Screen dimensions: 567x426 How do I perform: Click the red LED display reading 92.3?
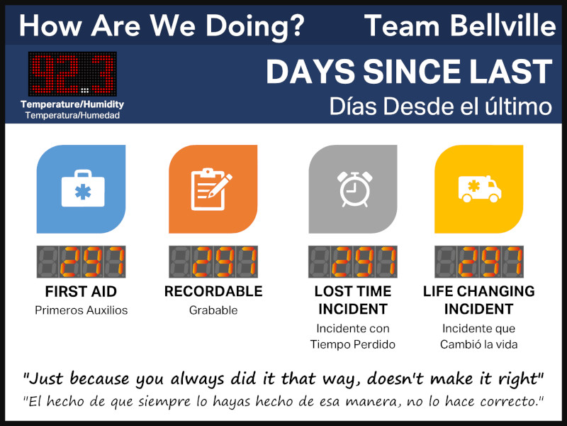click(72, 74)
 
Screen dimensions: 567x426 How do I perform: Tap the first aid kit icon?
click(83, 188)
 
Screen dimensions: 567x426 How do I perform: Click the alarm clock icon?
click(355, 189)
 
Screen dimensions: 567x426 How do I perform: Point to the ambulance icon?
click(480, 189)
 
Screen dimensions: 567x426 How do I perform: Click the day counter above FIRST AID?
click(81, 262)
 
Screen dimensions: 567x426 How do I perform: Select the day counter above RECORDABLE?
click(213, 262)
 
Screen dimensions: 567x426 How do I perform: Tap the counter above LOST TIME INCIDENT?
click(352, 262)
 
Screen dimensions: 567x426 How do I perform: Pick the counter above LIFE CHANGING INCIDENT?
click(479, 262)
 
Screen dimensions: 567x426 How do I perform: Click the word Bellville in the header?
click(503, 26)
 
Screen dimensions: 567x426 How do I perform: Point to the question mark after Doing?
click(298, 26)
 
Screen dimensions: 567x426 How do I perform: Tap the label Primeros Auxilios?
click(82, 310)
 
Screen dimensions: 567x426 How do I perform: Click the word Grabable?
click(213, 310)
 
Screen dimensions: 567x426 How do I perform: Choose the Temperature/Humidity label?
click(72, 104)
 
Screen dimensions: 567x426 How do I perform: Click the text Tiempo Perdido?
click(352, 344)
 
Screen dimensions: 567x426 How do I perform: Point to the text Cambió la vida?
click(479, 344)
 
